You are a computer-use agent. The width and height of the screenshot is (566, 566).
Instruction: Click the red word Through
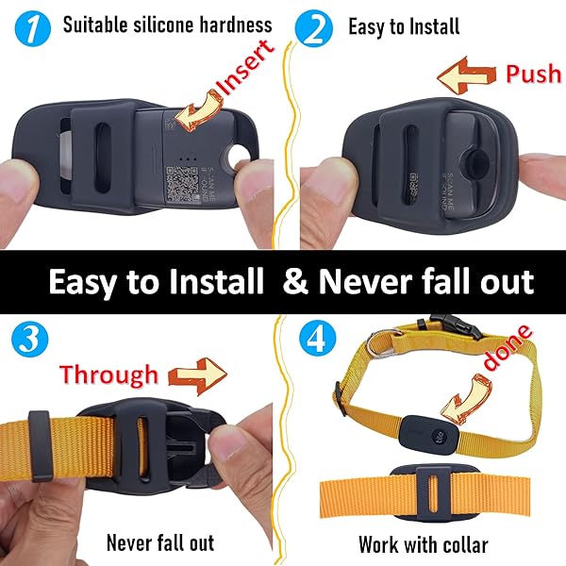(x=109, y=375)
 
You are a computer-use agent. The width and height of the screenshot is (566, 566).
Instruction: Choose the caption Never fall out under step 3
(x=160, y=542)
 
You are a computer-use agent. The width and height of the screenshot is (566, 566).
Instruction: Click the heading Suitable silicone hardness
(x=167, y=25)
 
